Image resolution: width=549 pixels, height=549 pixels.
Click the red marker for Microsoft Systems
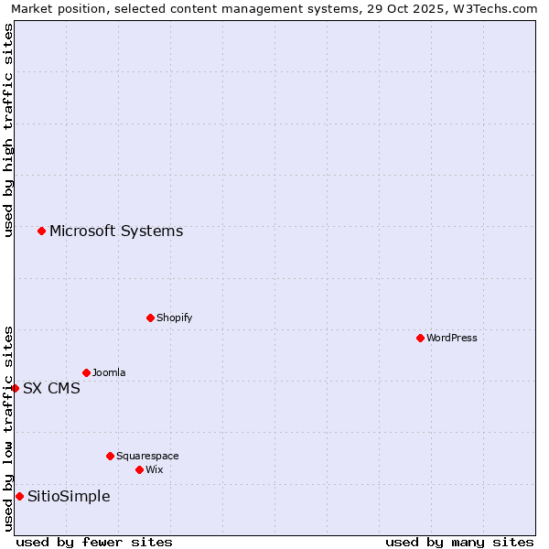tap(41, 231)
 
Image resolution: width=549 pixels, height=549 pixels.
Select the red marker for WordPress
tap(420, 338)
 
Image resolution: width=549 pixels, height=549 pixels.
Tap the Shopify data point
tap(150, 318)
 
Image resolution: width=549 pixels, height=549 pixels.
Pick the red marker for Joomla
tap(86, 372)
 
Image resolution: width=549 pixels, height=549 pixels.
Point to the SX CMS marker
tap(15, 388)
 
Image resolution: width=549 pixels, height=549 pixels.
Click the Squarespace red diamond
tap(110, 456)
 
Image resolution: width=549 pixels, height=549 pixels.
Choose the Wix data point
tap(139, 469)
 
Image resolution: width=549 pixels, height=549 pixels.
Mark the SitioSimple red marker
tap(19, 496)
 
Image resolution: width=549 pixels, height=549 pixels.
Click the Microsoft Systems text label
tap(116, 231)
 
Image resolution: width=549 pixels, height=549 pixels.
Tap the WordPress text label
tap(452, 338)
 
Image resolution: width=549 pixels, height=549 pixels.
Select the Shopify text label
tap(175, 318)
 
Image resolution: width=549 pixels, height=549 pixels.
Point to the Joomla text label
tap(109, 372)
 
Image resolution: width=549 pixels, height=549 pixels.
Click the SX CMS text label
tap(51, 388)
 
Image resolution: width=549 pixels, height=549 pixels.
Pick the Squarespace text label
tap(147, 456)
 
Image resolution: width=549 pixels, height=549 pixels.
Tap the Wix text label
tap(155, 469)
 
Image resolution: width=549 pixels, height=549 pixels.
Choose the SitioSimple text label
tap(69, 496)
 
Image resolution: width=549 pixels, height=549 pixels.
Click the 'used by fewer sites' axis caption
tap(94, 542)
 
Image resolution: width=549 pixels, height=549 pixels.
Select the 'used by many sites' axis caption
tap(459, 542)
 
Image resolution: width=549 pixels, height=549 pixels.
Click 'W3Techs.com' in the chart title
tap(500, 9)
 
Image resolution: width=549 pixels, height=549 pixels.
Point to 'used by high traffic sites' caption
tap(9, 130)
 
